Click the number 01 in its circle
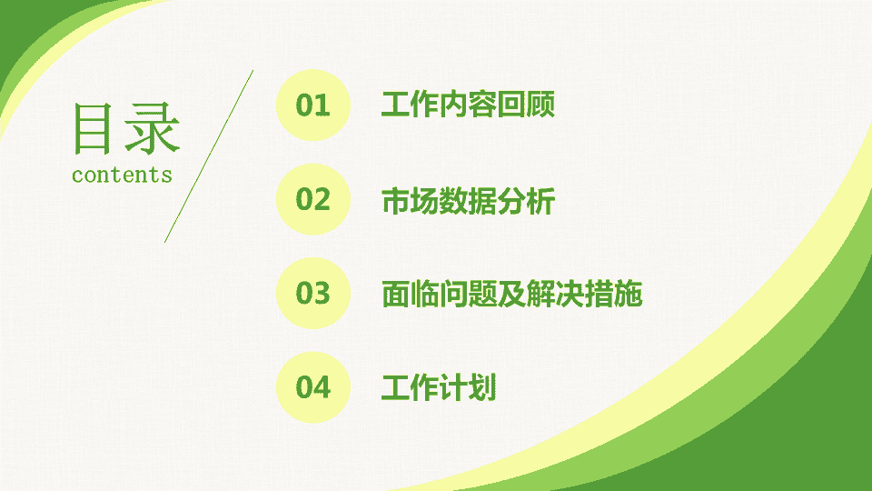coord(312,105)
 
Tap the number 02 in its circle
coord(312,199)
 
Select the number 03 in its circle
coord(312,293)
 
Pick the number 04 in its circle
coord(312,387)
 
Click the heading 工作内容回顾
coord(468,105)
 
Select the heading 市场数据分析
coord(468,201)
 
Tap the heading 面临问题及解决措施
coord(511,294)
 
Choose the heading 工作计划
coord(438,387)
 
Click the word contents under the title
coord(122,175)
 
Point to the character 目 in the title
coord(93,128)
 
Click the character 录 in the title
coord(152,128)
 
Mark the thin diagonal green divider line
coord(209,156)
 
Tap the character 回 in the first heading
coord(511,105)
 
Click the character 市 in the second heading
coord(395,201)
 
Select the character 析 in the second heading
coord(540,201)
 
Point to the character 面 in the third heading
coord(395,294)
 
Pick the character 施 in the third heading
coord(629,294)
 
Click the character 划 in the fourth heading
coord(482,387)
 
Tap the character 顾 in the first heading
coord(540,105)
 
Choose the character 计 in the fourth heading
coord(453,387)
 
